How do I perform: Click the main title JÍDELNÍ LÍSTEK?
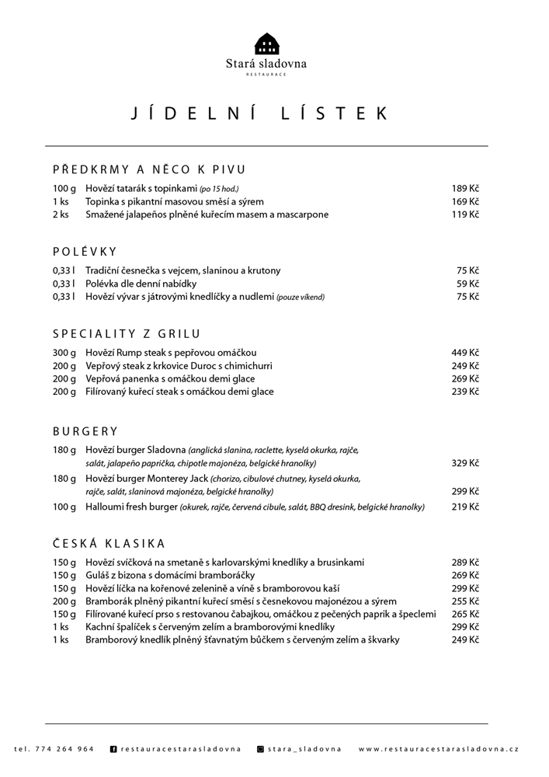point(259,113)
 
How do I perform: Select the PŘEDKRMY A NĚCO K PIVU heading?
point(149,169)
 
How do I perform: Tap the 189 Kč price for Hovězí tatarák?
point(465,189)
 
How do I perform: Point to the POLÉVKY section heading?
point(85,251)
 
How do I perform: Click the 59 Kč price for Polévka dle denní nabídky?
point(467,284)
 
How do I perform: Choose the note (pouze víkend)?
point(301,297)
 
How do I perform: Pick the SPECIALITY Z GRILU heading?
point(127,334)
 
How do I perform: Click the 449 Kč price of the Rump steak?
point(465,353)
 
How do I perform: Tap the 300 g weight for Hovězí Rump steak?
point(64,353)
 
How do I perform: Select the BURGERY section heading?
point(85,431)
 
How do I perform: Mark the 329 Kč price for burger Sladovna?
point(465,463)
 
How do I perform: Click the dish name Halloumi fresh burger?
point(131,507)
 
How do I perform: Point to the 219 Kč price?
point(465,507)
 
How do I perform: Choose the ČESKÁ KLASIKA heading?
point(109,543)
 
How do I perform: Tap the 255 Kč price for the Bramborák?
point(465,601)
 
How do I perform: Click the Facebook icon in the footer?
point(113,749)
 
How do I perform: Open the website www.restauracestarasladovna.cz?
point(439,749)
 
